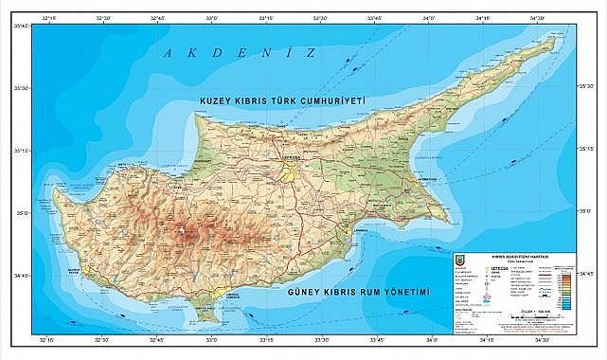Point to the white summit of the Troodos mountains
tap(181, 230)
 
